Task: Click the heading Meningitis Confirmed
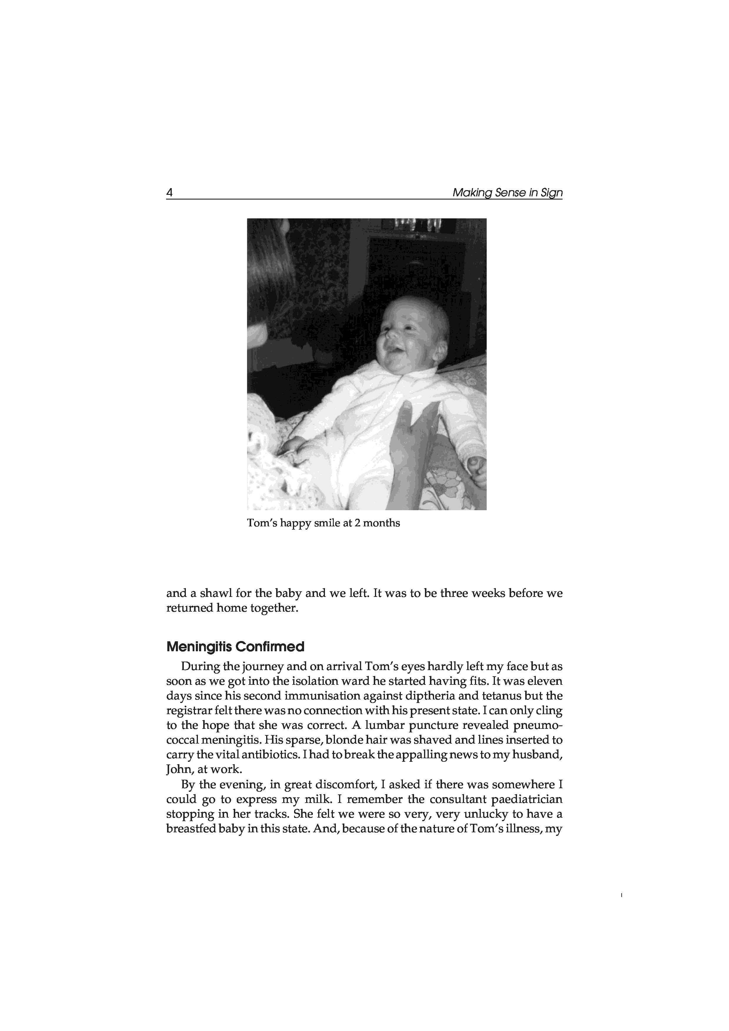pos(235,647)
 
